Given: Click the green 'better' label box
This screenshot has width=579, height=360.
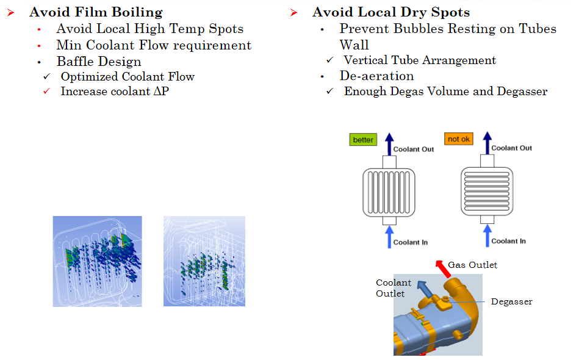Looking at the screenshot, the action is pos(364,140).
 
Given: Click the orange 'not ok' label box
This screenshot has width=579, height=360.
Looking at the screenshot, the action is pos(459,139).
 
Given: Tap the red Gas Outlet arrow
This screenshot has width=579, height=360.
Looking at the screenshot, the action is pos(444,269).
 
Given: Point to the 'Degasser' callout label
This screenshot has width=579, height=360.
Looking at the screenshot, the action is pos(511,301).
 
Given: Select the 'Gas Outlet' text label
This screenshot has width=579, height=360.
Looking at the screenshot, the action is pos(473,265).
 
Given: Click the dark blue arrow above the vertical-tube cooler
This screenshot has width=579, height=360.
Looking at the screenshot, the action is pos(389,144).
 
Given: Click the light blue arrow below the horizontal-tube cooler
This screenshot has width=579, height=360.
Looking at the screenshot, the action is pos(487,236).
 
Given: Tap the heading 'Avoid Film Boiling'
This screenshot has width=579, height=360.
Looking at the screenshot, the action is pos(96,12).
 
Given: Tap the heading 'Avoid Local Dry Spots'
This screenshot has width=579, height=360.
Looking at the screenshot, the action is pos(391,12).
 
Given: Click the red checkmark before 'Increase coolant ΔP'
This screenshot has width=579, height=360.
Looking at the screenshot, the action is pos(46,91).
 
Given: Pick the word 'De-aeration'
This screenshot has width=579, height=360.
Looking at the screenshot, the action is pos(376,76).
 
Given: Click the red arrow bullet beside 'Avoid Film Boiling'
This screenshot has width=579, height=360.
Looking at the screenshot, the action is pos(11,13).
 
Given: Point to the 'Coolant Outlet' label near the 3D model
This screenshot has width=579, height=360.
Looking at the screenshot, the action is pos(394,288).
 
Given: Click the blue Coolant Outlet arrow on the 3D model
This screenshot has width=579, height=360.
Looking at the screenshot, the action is pos(425,289).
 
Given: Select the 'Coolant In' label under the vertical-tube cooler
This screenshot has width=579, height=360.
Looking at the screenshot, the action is pos(410,242).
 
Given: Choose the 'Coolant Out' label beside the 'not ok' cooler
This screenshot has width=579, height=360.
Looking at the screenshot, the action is pos(511,148).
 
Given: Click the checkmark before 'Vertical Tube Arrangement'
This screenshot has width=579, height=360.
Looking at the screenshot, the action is pos(329,59).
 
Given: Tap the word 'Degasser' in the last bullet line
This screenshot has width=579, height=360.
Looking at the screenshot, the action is pos(522,92).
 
